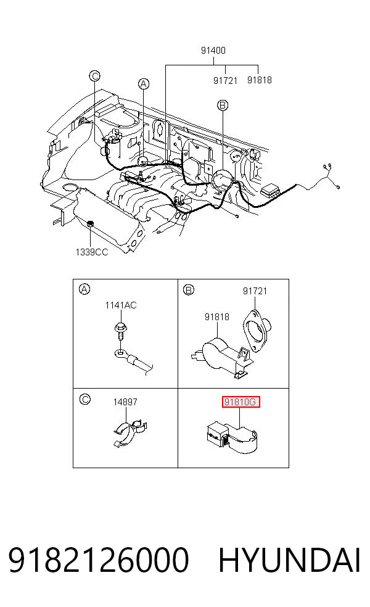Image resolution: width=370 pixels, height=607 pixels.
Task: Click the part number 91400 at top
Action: [x=213, y=51]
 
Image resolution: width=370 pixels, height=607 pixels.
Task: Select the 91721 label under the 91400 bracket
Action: [x=225, y=80]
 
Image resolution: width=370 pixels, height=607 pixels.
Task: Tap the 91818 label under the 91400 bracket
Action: [x=260, y=80]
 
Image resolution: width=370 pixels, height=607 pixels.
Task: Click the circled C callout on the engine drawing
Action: [x=95, y=76]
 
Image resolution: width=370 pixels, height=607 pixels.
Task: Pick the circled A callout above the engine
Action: [x=144, y=84]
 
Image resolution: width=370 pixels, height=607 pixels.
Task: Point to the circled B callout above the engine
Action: [x=223, y=105]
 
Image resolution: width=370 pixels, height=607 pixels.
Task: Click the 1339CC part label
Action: [x=92, y=252]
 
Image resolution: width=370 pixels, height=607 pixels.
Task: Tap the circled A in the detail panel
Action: [x=84, y=289]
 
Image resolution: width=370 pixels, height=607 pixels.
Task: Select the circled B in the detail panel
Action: [x=189, y=289]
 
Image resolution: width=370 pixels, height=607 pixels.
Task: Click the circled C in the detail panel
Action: [x=84, y=399]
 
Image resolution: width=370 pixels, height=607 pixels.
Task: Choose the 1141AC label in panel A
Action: [x=121, y=305]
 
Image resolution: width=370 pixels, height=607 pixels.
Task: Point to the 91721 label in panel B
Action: [x=255, y=291]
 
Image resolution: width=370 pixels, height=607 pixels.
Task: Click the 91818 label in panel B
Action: [x=216, y=316]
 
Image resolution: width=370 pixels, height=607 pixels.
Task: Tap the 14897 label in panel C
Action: [x=125, y=402]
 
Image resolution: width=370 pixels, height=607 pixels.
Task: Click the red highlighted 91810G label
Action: [x=240, y=402]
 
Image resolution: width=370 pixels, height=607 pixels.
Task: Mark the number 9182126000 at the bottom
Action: [x=98, y=560]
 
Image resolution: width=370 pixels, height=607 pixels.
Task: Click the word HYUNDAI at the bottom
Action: [x=289, y=560]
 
